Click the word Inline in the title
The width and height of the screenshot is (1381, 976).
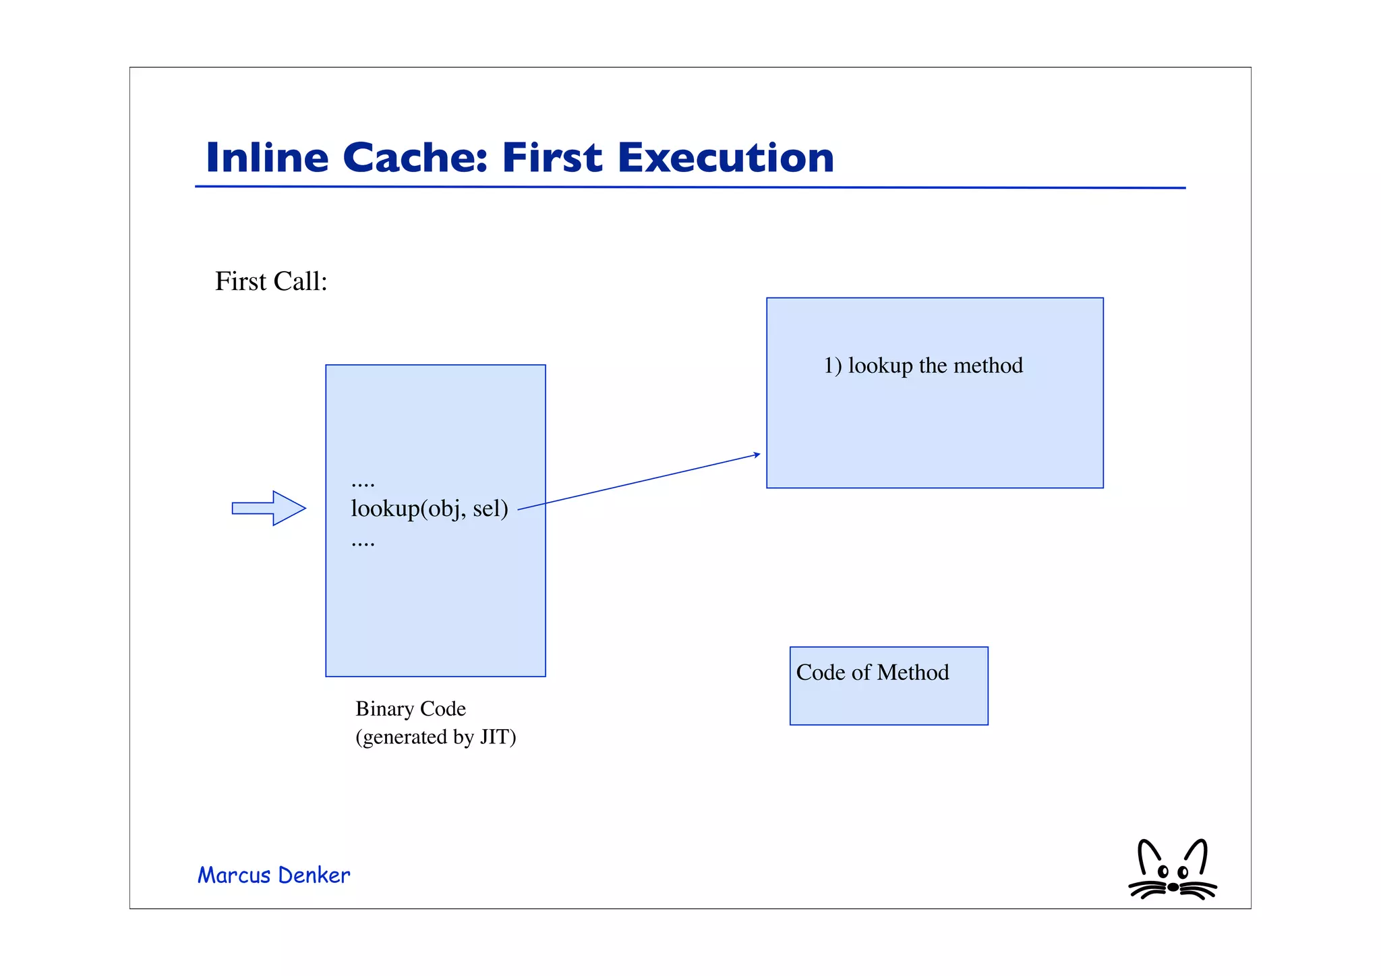[x=267, y=158]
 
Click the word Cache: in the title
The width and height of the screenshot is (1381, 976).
[x=415, y=158]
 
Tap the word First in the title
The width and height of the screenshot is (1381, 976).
[x=552, y=158]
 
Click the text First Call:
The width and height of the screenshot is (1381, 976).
[x=271, y=281]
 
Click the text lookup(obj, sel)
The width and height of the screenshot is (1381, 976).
[x=430, y=508]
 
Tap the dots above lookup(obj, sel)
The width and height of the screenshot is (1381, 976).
[x=363, y=483]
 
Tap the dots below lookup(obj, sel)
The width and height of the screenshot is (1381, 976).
[x=363, y=542]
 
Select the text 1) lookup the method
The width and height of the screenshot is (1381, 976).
[x=923, y=366]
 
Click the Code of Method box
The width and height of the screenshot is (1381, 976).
[x=889, y=701]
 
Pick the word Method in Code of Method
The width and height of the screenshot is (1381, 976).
[x=913, y=672]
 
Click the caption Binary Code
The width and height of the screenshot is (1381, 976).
[x=411, y=709]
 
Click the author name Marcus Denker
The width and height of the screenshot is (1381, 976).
[x=274, y=875]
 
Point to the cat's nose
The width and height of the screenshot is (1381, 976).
[x=1173, y=887]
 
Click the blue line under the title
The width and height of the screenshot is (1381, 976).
[x=690, y=188]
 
